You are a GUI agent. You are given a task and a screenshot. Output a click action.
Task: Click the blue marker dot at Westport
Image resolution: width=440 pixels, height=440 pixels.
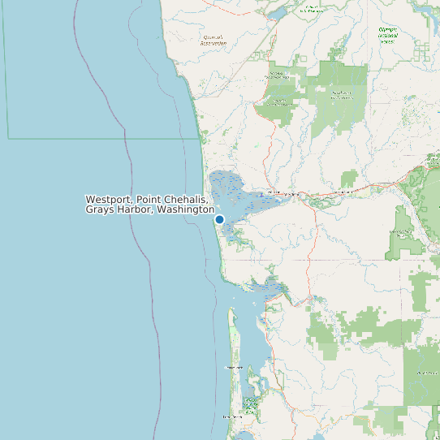219,219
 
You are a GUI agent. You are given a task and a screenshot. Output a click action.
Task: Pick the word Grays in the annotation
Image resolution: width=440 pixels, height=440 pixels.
101,210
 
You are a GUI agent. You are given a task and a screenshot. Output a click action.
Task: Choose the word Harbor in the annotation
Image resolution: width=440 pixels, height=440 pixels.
136,210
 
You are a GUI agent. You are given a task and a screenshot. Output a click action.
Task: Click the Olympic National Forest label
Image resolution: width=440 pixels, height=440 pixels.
388,35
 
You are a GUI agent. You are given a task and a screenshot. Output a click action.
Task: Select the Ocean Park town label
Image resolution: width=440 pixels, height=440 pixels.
234,368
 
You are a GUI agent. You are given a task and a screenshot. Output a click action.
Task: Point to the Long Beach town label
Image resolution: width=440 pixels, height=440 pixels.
232,416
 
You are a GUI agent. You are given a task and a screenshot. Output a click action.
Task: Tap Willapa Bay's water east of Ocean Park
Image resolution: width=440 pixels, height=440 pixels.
263,357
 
